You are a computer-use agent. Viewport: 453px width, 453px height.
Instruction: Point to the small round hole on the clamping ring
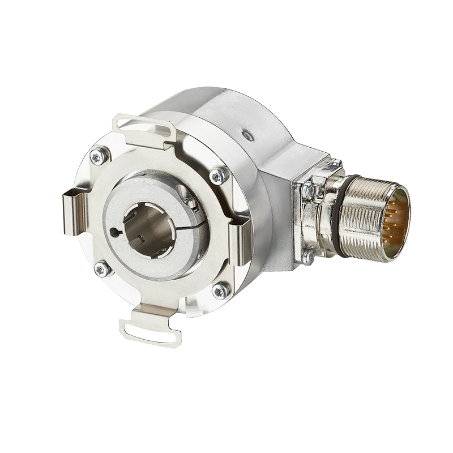[116, 232]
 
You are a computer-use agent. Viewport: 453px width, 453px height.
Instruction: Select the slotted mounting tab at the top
[145, 127]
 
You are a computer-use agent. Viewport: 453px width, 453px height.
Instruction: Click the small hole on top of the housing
[246, 135]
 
